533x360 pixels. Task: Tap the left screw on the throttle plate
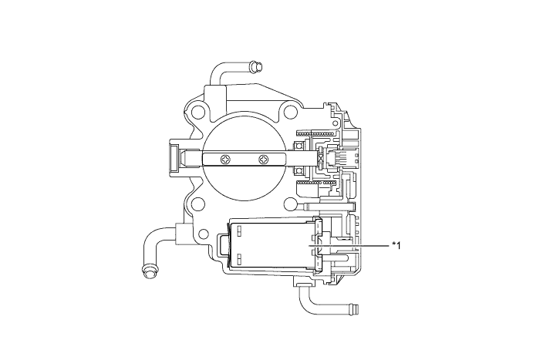(x=225, y=160)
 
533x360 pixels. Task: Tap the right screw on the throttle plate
(x=264, y=160)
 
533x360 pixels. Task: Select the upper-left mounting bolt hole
(x=199, y=113)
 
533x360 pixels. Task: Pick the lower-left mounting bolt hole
(x=199, y=204)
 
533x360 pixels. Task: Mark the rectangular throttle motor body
(x=270, y=245)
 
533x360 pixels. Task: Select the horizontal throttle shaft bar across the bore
(x=247, y=160)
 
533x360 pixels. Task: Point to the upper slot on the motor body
(x=238, y=229)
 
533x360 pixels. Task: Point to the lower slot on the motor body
(x=238, y=258)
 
